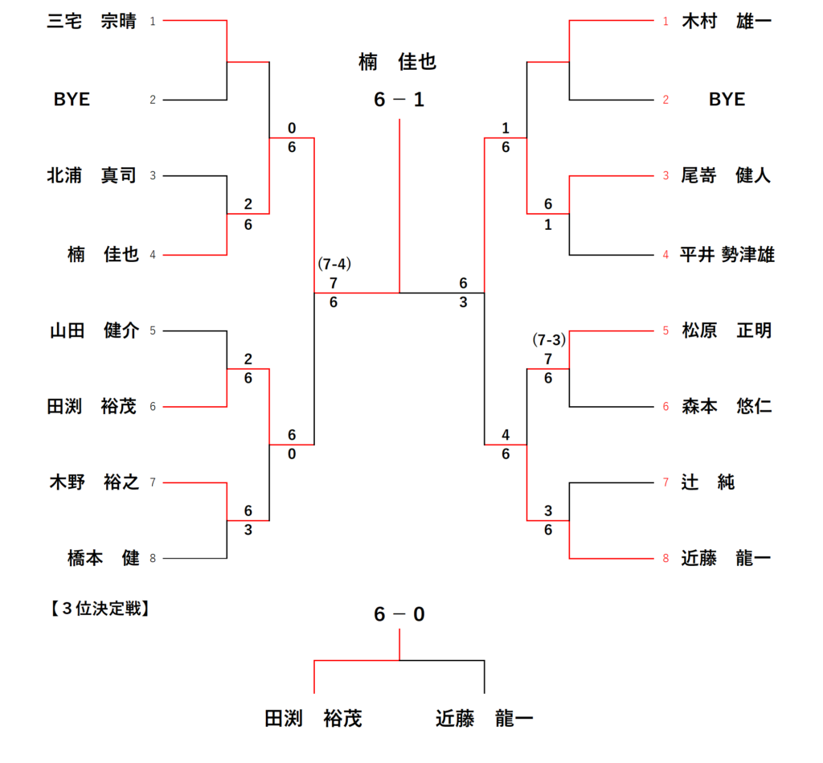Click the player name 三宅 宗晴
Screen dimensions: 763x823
(92, 21)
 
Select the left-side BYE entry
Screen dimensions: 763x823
(72, 100)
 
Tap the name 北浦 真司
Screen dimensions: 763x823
(92, 175)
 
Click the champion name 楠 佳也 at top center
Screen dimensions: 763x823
(398, 62)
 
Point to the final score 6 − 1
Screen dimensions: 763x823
(399, 101)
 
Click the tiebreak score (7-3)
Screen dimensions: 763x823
(549, 339)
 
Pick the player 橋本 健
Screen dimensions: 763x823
(103, 558)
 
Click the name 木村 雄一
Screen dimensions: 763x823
(726, 21)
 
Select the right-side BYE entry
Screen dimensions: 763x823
(727, 100)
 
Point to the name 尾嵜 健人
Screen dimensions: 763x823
(726, 175)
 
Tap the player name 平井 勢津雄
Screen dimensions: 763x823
(727, 255)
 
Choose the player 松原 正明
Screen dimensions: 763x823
(726, 330)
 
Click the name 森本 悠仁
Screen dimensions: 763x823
(726, 407)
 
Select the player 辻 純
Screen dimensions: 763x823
(707, 482)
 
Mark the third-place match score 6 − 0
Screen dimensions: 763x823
(399, 615)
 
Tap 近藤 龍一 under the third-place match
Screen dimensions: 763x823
(484, 718)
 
